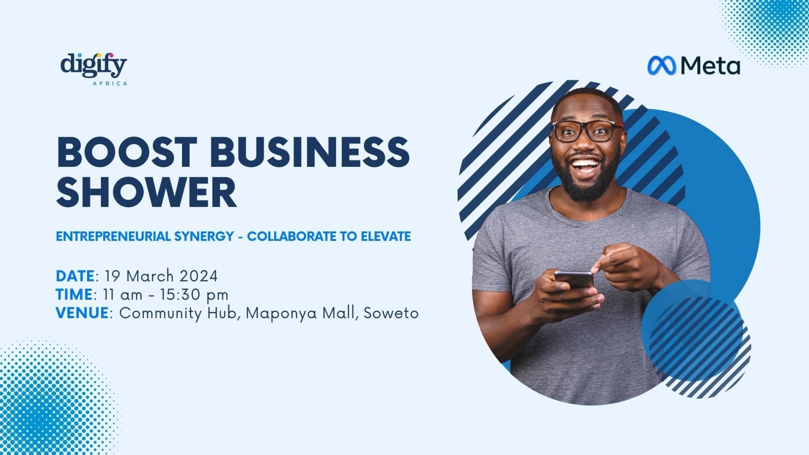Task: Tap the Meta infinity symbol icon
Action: tap(662, 66)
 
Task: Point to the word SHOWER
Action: tap(146, 192)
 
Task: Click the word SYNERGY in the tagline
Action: tap(204, 236)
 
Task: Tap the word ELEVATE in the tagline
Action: tap(386, 236)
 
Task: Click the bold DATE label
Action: tap(75, 276)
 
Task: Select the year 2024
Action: tap(198, 276)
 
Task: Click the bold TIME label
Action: tap(74, 294)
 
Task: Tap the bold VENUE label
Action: tap(82, 313)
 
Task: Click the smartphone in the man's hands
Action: tap(573, 280)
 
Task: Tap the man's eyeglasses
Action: tap(587, 131)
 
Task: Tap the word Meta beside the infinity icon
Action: tap(710, 66)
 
